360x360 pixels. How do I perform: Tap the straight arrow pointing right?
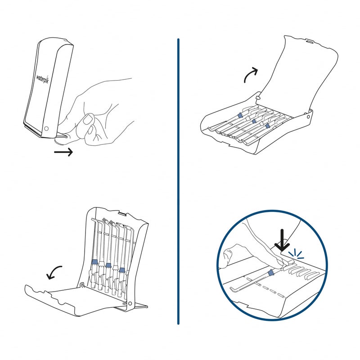tap(63, 153)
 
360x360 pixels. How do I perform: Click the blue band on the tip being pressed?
tap(270, 274)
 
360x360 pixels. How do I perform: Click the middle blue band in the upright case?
tap(108, 265)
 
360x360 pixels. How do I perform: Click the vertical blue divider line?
tap(178, 180)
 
